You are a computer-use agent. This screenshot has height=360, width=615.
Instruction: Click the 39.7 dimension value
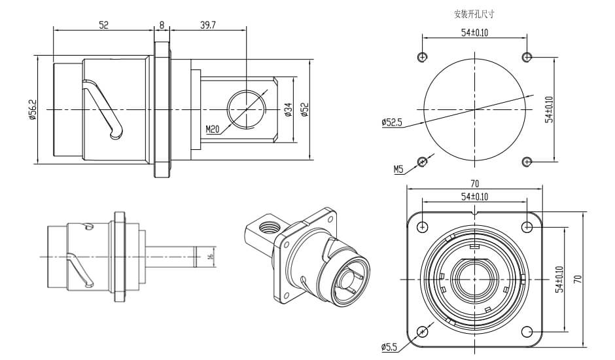coord(207,25)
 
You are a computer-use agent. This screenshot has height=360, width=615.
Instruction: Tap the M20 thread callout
coord(212,130)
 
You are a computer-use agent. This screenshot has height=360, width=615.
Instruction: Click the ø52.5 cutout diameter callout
coord(391,122)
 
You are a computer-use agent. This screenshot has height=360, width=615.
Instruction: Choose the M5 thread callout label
coord(398,169)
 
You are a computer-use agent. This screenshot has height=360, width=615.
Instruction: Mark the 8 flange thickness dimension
coord(162,25)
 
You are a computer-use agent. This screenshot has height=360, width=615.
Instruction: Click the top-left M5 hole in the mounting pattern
coord(423,55)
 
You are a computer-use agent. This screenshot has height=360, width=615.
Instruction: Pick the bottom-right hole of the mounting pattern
coord(527,161)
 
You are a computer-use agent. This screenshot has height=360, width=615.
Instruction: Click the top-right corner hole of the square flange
coord(527,226)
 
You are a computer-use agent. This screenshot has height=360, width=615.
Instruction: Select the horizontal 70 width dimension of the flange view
coord(475,183)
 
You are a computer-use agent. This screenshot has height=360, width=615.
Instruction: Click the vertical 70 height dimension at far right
coord(578,279)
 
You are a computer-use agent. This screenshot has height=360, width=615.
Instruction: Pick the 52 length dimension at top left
coord(103,25)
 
